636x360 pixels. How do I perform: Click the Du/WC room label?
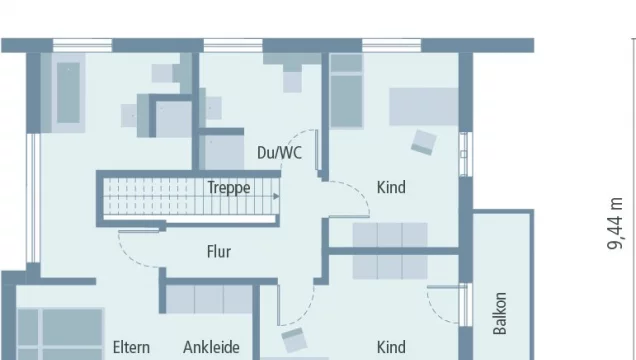(279, 153)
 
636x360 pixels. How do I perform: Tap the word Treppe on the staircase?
(229, 188)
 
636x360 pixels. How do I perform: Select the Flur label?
(219, 252)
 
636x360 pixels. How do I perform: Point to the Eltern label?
(131, 347)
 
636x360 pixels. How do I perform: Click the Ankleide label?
(211, 347)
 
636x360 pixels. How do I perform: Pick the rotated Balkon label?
(500, 313)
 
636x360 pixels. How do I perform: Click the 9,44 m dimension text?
(615, 223)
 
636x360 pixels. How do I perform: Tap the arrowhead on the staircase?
(276, 197)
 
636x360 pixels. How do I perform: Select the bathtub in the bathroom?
(68, 93)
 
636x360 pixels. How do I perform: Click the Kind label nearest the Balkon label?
(391, 347)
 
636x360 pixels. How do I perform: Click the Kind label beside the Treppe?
(391, 188)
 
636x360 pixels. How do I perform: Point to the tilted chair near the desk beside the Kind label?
(424, 142)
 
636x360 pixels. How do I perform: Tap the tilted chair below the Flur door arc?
(294, 340)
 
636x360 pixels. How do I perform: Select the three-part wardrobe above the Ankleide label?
(209, 300)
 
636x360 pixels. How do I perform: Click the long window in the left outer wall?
(33, 198)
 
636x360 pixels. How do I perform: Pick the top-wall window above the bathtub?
(82, 45)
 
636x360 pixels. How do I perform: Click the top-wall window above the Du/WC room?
(233, 45)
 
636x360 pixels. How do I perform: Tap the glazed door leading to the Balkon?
(466, 305)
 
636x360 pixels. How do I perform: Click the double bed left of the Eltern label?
(60, 334)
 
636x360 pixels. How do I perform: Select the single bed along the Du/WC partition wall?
(346, 91)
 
